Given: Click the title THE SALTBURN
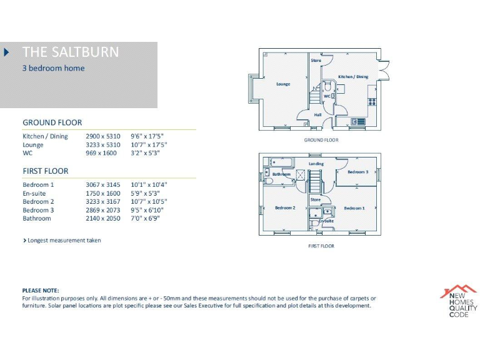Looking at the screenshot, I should point(70,52).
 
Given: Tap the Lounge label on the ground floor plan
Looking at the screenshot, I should point(283,84).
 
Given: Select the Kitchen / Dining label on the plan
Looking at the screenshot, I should point(353,77).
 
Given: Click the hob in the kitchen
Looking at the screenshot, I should point(372,102).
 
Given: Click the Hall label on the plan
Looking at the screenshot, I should point(317,115).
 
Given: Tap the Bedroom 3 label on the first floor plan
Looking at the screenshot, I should point(357,172).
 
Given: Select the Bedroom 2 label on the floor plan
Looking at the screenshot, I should point(285,207).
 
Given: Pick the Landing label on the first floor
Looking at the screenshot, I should point(316,164).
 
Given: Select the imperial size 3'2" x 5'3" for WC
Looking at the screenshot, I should point(144,152).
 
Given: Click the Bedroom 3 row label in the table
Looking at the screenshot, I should point(38,211).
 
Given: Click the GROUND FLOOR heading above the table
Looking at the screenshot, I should point(52,122).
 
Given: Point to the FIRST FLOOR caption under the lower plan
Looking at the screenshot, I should point(321,246).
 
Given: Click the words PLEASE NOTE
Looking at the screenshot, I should point(41,291).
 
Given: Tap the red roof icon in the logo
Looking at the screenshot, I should point(458,291).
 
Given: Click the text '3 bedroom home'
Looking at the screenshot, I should point(53,68).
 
